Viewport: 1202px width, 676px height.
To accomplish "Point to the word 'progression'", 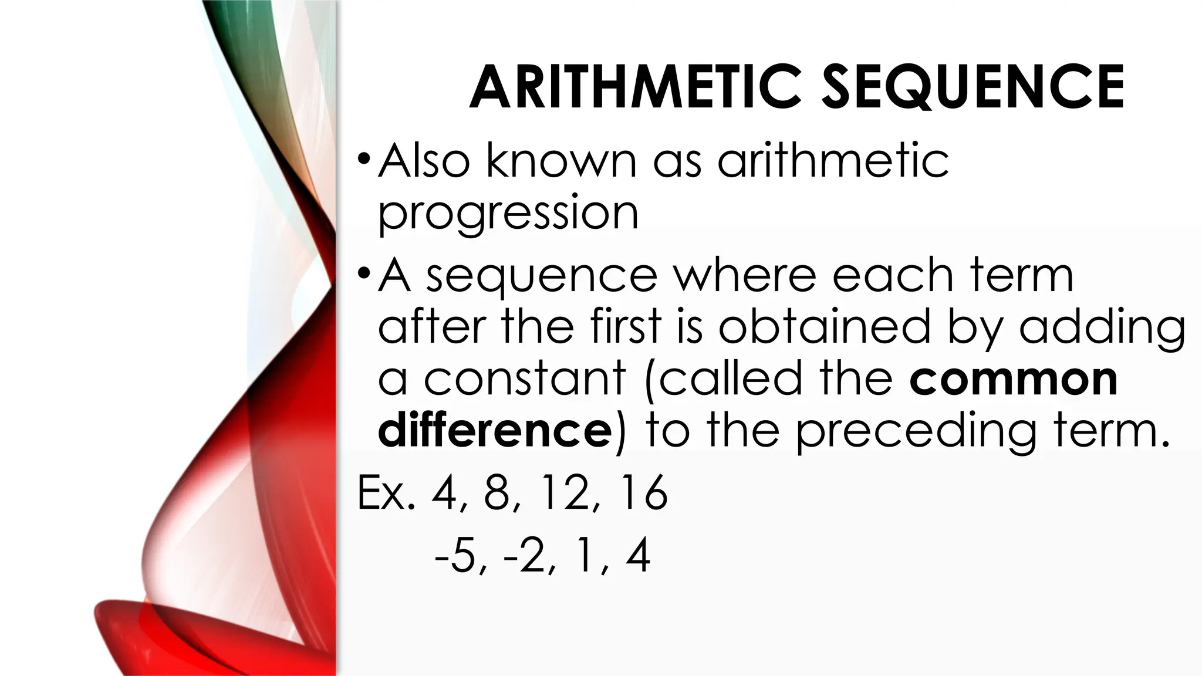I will click(x=508, y=215).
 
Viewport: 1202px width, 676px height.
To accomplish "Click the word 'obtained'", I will click(x=825, y=326).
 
